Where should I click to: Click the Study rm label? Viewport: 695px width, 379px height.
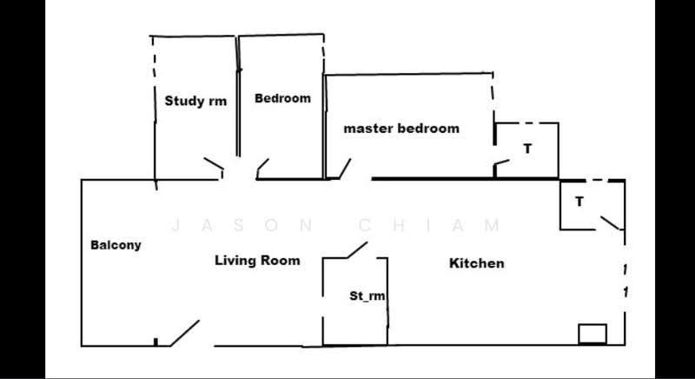point(195,101)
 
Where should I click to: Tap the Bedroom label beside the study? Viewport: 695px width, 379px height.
point(283,98)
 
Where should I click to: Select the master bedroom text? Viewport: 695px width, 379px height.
point(401,129)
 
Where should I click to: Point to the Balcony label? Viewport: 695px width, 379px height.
point(116,245)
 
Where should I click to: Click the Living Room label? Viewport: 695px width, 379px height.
point(257,260)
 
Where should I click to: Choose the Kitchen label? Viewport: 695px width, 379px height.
point(476,263)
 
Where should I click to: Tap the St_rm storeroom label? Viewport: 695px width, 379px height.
point(367,296)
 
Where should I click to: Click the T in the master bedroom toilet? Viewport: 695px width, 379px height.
point(527,149)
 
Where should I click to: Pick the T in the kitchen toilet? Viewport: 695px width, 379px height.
point(579,202)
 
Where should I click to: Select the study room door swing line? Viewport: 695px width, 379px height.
point(214,163)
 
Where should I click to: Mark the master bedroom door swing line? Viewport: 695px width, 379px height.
point(345,169)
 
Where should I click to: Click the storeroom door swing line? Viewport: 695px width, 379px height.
point(357,250)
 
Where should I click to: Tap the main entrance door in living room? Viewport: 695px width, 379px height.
point(185,333)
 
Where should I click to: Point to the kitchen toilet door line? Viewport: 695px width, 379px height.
point(610,223)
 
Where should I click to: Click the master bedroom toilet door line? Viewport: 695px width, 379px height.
point(502,163)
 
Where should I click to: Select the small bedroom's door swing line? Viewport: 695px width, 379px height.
point(262,165)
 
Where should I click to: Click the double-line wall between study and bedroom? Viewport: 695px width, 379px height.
point(238,96)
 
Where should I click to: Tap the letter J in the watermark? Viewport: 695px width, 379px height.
point(175,225)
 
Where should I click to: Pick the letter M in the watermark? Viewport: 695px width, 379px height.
point(492,225)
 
